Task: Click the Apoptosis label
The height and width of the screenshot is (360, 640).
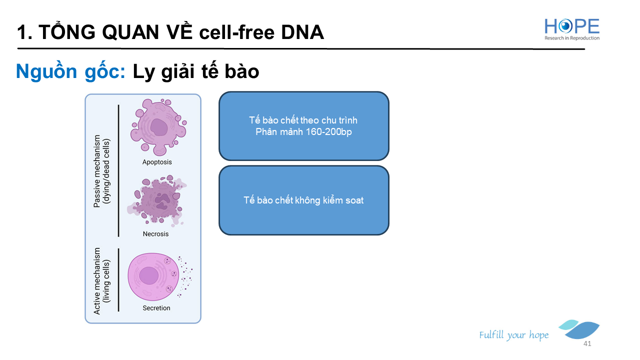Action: click(157, 162)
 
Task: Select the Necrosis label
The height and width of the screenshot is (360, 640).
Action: click(155, 233)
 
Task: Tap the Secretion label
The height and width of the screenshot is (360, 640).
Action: click(156, 307)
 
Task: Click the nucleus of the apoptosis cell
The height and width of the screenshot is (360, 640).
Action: click(159, 127)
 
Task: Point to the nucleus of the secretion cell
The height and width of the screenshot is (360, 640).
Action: click(148, 275)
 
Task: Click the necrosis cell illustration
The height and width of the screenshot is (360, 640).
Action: click(156, 199)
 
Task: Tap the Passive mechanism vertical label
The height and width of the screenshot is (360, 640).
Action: click(101, 171)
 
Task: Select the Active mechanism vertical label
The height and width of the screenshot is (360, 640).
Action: click(101, 281)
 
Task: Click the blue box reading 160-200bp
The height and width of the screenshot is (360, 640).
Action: click(304, 126)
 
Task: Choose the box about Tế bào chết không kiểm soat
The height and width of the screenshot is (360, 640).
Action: click(304, 200)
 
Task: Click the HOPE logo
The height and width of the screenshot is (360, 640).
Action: click(571, 29)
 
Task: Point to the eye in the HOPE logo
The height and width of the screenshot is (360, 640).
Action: click(565, 26)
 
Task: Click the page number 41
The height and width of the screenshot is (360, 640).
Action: click(587, 343)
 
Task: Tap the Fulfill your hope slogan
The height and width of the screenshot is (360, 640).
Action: click(513, 335)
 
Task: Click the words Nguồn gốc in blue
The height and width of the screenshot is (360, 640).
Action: click(70, 71)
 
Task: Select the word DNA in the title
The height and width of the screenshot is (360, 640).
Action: click(302, 32)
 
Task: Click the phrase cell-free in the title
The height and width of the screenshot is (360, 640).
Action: click(237, 32)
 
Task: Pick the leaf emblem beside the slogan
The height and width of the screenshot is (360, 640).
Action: click(579, 329)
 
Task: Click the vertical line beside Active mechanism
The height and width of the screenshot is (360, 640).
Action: click(118, 280)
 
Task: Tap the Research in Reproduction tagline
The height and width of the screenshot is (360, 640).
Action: click(572, 38)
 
